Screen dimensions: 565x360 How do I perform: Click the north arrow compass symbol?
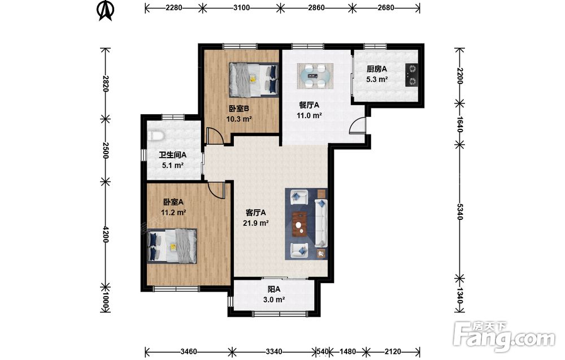106,11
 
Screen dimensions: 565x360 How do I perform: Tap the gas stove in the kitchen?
411,75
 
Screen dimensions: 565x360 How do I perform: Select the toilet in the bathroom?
155,136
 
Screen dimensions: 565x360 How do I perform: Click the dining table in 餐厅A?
315,76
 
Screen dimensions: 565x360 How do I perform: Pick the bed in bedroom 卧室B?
254,80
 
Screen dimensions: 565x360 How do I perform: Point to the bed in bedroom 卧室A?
172,246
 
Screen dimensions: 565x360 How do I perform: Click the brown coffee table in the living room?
299,224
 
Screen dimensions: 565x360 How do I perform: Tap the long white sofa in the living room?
321,223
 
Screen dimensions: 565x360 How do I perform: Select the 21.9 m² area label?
255,223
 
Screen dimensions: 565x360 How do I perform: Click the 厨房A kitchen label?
377,69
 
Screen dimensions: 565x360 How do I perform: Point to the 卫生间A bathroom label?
173,155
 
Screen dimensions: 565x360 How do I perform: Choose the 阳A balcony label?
274,289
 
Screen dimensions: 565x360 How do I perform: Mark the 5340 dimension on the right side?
460,211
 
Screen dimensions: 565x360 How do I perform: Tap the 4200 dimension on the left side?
105,234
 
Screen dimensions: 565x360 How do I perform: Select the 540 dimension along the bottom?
323,351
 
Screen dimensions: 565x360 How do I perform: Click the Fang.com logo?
504,336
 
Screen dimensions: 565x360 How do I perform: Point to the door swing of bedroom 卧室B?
215,136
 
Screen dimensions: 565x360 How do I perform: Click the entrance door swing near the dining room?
358,126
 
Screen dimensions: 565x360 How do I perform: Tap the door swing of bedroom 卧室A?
218,189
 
